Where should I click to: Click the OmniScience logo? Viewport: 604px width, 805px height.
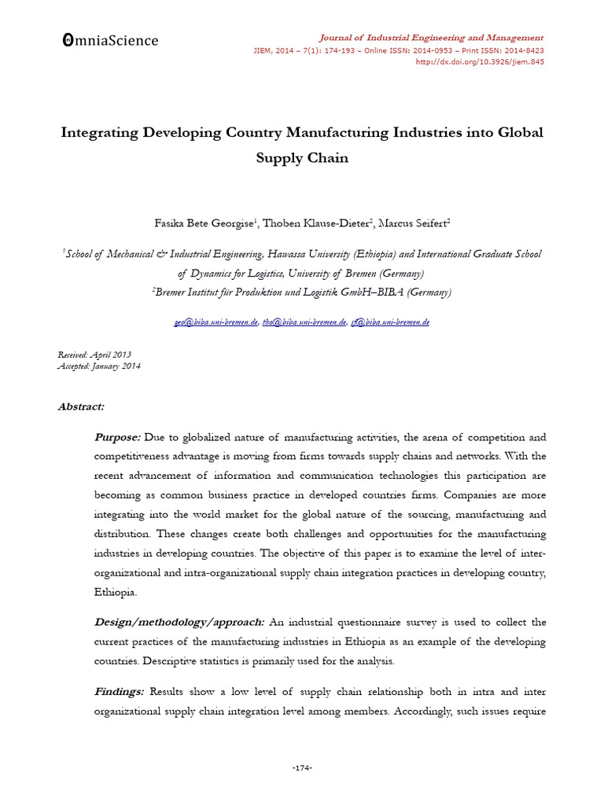pos(109,41)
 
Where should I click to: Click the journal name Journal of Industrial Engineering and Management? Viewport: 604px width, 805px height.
pos(430,37)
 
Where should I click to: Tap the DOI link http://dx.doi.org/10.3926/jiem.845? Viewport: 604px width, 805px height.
pos(479,62)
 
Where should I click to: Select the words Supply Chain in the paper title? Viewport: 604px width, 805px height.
pos(302,157)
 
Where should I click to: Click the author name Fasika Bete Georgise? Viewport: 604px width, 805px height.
pos(201,224)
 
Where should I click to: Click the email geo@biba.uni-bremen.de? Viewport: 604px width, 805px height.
pos(216,322)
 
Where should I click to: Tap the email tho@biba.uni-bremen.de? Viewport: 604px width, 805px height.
pos(305,322)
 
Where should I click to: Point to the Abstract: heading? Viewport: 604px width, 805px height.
pos(81,406)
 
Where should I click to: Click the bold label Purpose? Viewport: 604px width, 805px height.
pos(117,436)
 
